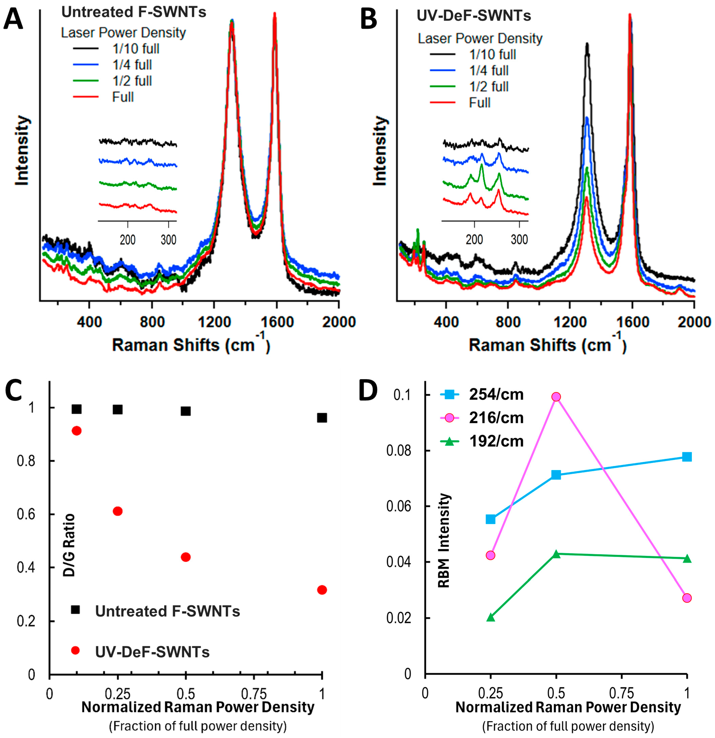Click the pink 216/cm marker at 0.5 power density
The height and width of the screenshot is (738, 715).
tap(556, 397)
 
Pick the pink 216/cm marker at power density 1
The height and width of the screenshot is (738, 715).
tap(687, 598)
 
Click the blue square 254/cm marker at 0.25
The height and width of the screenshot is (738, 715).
tap(490, 519)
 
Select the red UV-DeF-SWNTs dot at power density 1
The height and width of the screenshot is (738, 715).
tap(322, 590)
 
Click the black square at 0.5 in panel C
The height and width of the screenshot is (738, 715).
tap(185, 411)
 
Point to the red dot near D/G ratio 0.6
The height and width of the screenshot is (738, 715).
tap(118, 511)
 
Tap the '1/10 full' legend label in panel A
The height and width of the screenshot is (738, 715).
tap(136, 49)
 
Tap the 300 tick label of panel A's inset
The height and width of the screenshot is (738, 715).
tap(168, 240)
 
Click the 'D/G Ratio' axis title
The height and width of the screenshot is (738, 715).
tap(69, 545)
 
